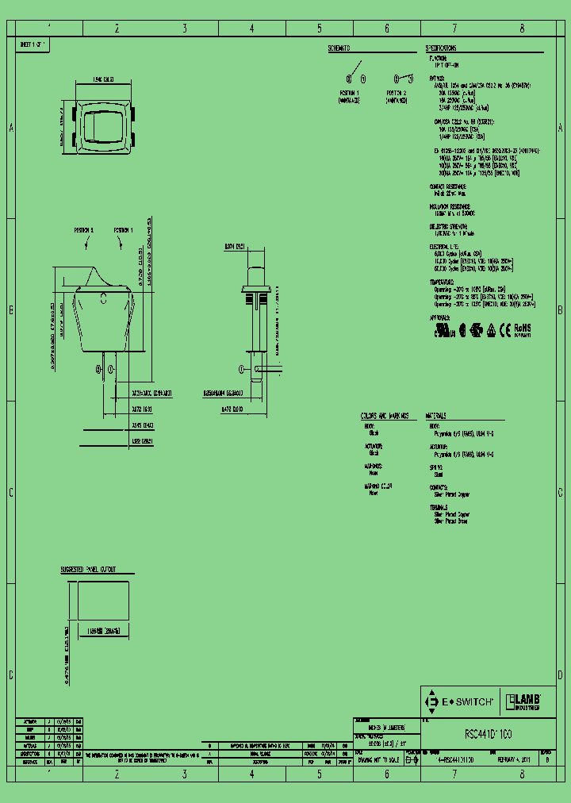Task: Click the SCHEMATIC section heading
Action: pyautogui.click(x=339, y=48)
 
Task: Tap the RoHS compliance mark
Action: pyautogui.click(x=522, y=328)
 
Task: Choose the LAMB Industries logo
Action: pyautogui.click(x=523, y=701)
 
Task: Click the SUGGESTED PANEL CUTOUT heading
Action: pyautogui.click(x=89, y=571)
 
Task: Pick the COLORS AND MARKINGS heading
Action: pyautogui.click(x=384, y=416)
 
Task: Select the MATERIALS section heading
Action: pyautogui.click(x=436, y=416)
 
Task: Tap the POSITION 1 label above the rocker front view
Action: pyautogui.click(x=123, y=229)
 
